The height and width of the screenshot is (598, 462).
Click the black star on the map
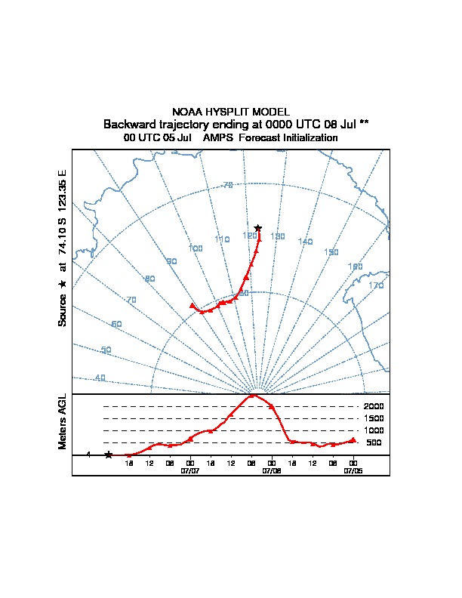258,228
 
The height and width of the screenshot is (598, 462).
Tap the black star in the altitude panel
109,455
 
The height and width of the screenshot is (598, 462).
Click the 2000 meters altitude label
374,406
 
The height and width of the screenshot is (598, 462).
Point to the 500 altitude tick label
374,442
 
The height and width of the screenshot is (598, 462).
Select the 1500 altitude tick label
374,418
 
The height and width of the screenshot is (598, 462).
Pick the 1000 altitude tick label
374,430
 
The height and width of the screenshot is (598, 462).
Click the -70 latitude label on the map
227,185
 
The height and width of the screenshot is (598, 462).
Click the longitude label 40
100,378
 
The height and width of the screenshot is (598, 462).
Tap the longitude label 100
196,248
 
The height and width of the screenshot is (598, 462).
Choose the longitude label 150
331,252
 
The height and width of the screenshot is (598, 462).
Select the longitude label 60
116,324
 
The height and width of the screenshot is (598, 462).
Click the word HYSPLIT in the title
230,112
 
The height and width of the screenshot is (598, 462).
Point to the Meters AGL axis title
63,421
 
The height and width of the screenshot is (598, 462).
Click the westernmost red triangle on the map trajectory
192,306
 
